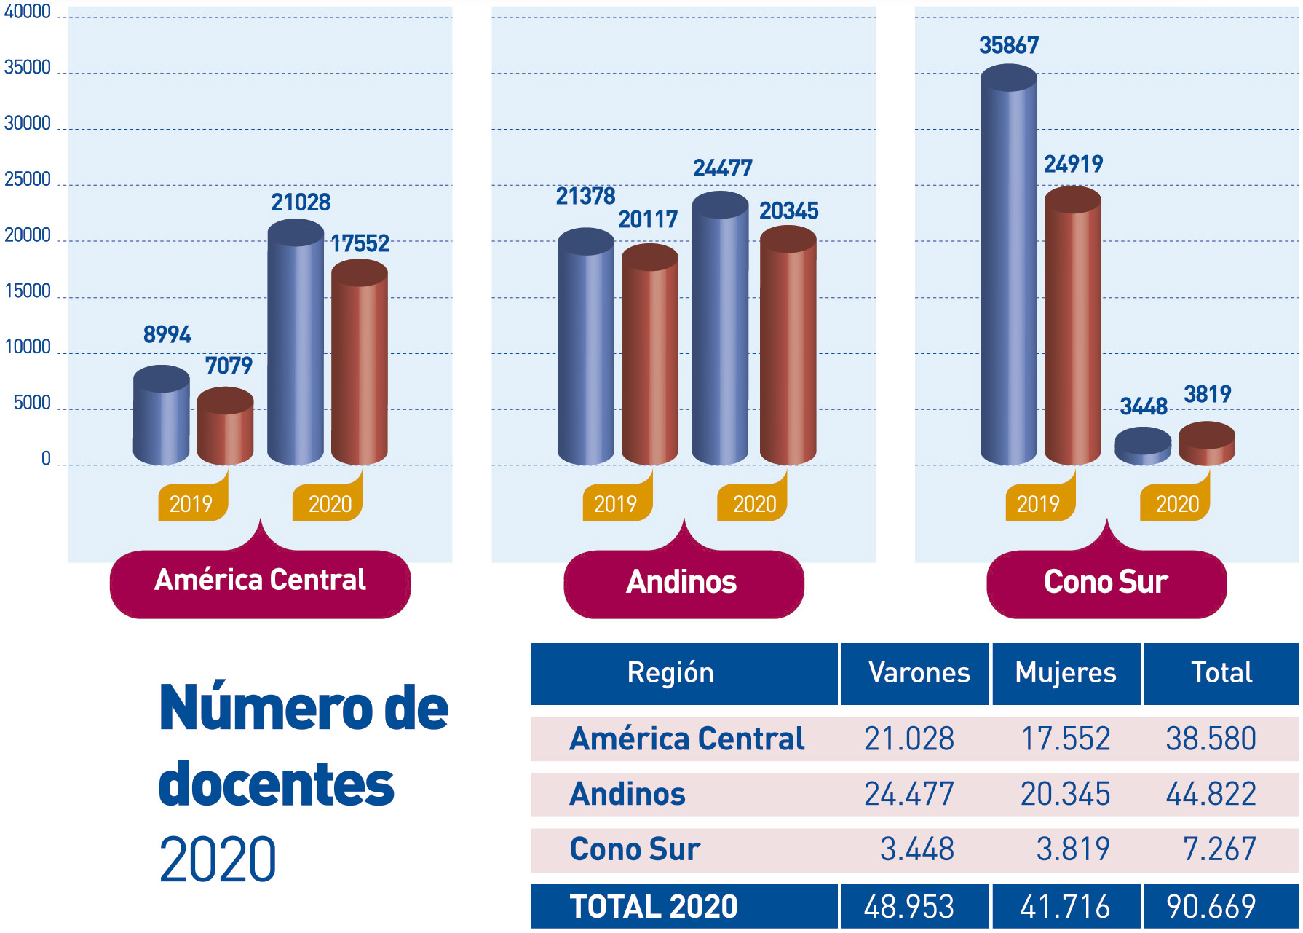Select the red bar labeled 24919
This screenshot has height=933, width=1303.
(1072, 328)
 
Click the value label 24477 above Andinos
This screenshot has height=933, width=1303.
(722, 168)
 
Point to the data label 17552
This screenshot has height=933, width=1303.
(360, 243)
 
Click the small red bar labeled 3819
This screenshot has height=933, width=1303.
(1206, 444)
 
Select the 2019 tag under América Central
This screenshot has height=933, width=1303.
(191, 503)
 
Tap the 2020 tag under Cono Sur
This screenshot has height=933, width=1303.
(1176, 503)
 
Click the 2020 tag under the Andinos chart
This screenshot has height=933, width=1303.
(754, 503)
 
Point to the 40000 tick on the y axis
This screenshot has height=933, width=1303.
(28, 12)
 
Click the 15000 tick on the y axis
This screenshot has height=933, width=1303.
(28, 291)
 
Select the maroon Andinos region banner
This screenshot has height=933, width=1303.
(683, 583)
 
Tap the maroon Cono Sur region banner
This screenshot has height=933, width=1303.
(1106, 583)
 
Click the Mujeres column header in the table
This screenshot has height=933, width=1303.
(1066, 673)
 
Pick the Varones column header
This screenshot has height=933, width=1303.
(918, 673)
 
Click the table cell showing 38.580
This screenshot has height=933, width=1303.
(1210, 739)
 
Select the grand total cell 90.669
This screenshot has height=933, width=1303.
(1210, 907)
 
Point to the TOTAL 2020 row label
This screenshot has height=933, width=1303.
(653, 907)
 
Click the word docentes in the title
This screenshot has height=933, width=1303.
(277, 784)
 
